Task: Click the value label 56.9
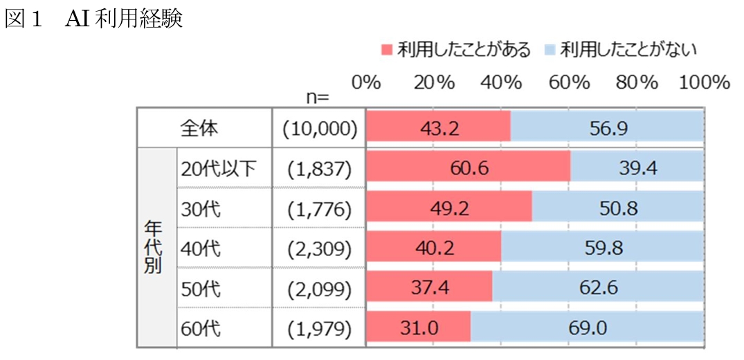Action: [606, 127]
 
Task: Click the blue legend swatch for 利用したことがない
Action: [550, 51]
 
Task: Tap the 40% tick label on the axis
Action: [502, 83]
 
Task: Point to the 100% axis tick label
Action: [705, 83]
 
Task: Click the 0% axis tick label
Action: [367, 83]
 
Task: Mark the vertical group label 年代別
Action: [153, 247]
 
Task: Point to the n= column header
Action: [317, 96]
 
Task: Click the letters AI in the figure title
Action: [75, 20]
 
